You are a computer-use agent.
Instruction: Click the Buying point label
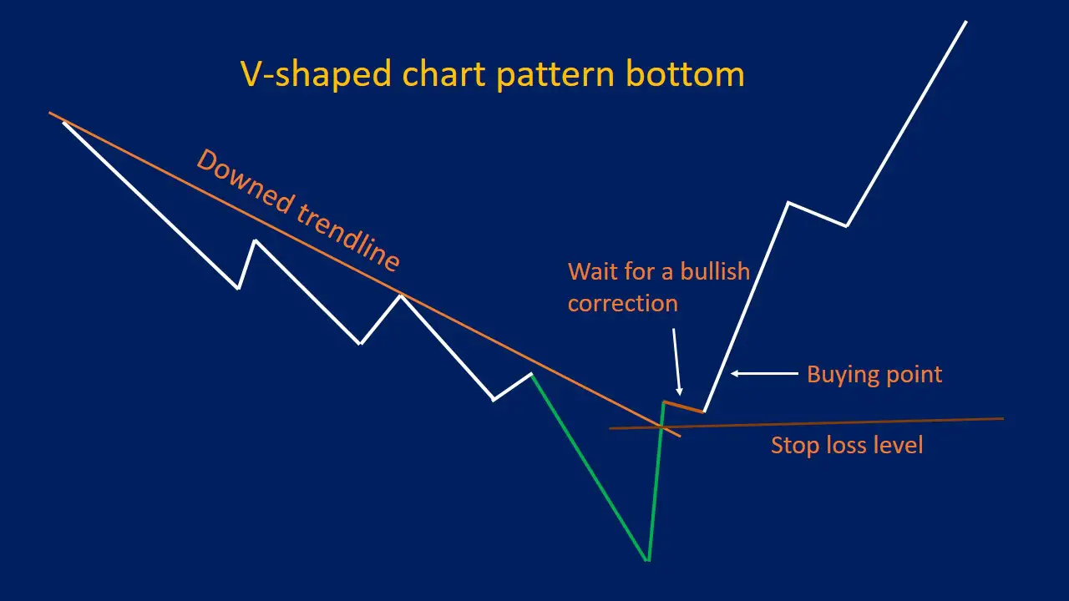pyautogui.click(x=874, y=374)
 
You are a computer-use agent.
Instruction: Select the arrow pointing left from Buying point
pyautogui.click(x=764, y=374)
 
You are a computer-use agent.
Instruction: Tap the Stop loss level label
pyautogui.click(x=846, y=445)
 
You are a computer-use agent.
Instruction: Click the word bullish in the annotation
pyautogui.click(x=715, y=271)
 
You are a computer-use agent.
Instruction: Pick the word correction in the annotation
pyautogui.click(x=622, y=302)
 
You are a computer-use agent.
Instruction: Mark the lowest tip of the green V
pyautogui.click(x=648, y=559)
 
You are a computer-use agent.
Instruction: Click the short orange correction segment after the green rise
pyautogui.click(x=684, y=407)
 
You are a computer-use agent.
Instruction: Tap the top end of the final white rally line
pyautogui.click(x=966, y=22)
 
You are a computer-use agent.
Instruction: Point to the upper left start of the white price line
pyautogui.click(x=64, y=123)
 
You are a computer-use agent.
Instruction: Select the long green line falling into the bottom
pyautogui.click(x=589, y=467)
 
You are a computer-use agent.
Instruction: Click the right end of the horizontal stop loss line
pyautogui.click(x=1001, y=419)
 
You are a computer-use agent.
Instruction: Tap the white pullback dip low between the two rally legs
pyautogui.click(x=847, y=225)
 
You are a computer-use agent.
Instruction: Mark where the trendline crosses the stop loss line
pyautogui.click(x=661, y=427)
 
